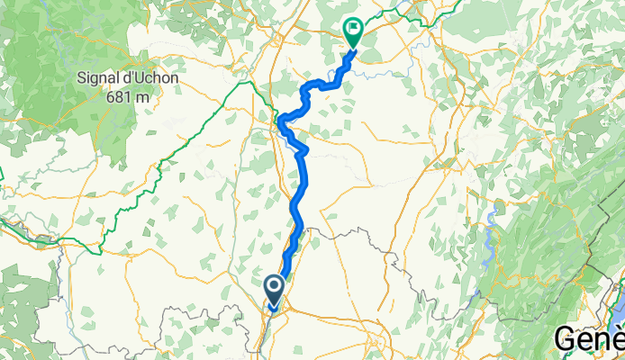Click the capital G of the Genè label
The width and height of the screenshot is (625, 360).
[x=565, y=339]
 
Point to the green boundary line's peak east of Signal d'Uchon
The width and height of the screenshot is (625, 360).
[x=242, y=83]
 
